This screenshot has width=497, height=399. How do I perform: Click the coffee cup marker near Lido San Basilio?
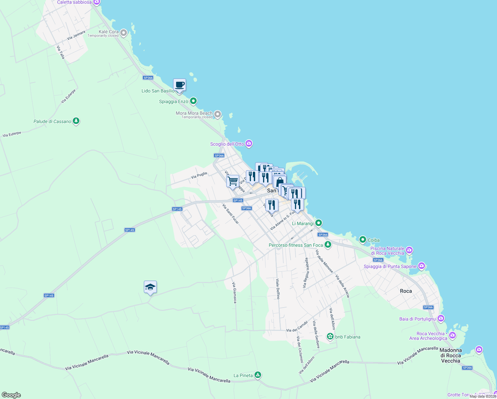click(179, 85)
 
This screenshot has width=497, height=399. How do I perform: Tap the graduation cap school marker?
click(150, 287)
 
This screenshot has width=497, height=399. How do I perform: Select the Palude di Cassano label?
click(52, 121)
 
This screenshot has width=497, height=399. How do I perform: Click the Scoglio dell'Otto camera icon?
click(249, 144)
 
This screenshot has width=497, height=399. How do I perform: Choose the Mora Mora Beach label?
click(194, 113)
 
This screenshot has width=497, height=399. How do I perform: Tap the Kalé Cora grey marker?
click(124, 33)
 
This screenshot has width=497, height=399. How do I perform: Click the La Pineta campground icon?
click(258, 375)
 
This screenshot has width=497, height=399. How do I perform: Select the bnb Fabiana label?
click(348, 337)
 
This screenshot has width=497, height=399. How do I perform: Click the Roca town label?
click(406, 291)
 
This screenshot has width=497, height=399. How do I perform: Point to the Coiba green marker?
click(363, 239)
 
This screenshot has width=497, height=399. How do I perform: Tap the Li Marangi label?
click(303, 223)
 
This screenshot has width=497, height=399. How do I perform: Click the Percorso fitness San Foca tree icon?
click(328, 245)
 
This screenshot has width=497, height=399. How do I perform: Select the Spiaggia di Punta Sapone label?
click(390, 266)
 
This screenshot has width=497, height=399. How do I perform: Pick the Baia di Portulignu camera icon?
click(441, 319)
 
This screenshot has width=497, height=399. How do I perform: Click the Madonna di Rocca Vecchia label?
click(450, 355)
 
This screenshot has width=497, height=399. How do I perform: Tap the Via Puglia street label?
click(199, 175)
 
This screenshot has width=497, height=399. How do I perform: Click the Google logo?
click(11, 395)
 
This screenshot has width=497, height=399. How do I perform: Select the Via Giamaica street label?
click(235, 293)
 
